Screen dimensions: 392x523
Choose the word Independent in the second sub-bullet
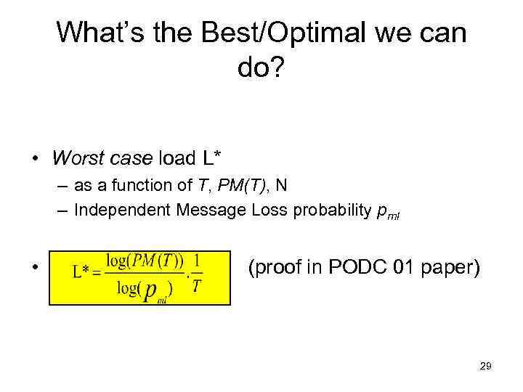point(121,211)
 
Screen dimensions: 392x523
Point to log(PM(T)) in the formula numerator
point(145,260)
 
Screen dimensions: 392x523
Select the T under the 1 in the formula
point(197,286)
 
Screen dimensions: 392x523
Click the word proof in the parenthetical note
point(275,268)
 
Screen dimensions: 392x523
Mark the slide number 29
point(485,367)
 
